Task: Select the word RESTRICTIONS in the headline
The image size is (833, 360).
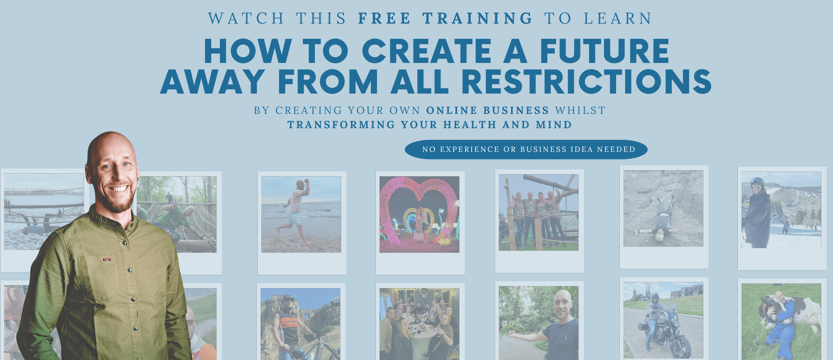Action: pyautogui.click(x=586, y=82)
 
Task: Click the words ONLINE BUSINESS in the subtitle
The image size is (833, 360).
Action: pyautogui.click(x=487, y=110)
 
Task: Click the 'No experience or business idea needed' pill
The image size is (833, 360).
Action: pyautogui.click(x=526, y=150)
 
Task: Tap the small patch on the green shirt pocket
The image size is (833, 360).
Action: pyautogui.click(x=107, y=259)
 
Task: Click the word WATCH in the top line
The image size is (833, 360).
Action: pyautogui.click(x=246, y=18)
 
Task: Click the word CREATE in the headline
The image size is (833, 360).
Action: pyautogui.click(x=427, y=51)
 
